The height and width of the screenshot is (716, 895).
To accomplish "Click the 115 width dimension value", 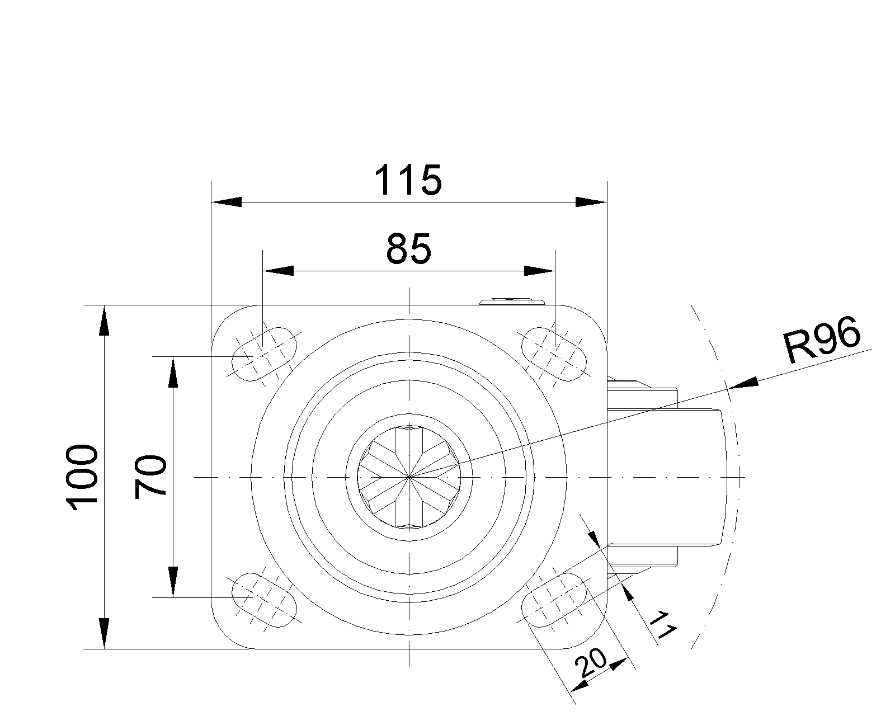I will click(x=408, y=180).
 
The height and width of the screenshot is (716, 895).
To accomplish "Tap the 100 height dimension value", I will click(x=83, y=477).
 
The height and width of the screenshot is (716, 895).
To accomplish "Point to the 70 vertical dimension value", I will click(x=151, y=477).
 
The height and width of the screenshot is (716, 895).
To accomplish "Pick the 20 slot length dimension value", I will click(x=591, y=664).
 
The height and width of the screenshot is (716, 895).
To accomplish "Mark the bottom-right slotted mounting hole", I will click(x=554, y=600).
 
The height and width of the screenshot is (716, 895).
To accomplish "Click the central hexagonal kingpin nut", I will click(x=409, y=477).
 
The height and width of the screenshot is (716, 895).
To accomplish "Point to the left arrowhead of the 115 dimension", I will click(x=226, y=202).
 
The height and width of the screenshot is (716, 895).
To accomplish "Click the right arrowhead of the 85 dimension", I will click(x=540, y=271).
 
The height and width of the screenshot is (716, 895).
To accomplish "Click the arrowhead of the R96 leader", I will click(x=744, y=383).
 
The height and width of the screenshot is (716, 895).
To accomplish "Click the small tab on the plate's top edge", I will click(x=512, y=302).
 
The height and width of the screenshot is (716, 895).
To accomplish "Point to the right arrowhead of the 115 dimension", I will click(x=591, y=202).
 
